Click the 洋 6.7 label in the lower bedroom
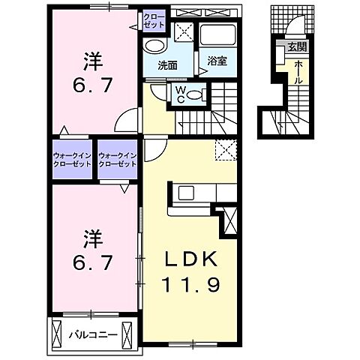coord(94,253)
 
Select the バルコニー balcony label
coord(93,334)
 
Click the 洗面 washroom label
coord(166,65)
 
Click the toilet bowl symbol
coord(196,94)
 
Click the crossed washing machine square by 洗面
coord(181,33)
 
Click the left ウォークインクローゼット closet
coord(73,159)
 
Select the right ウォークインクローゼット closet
coord(117,159)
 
